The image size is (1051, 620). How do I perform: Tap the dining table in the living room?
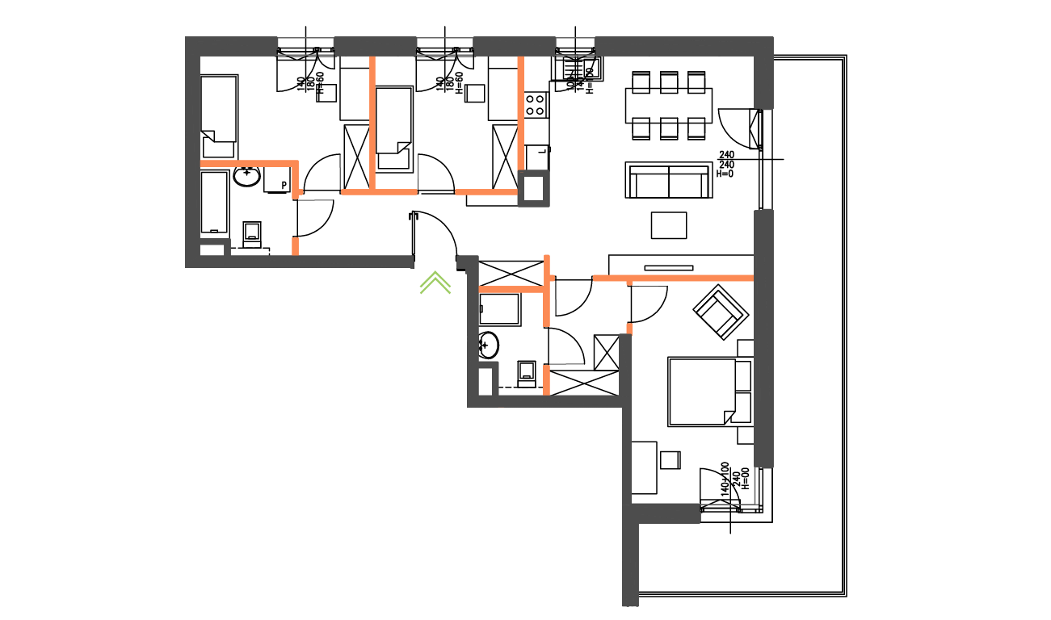tap(668, 105)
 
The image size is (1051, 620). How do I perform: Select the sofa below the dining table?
tap(668, 180)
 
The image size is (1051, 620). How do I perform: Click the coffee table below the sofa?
tap(669, 225)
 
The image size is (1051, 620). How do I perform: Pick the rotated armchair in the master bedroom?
tap(718, 311)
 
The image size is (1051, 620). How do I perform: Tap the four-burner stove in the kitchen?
tap(536, 104)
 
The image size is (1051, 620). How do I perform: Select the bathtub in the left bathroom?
tap(214, 201)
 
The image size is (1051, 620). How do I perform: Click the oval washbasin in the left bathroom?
tap(246, 175)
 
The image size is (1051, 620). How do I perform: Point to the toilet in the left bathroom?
tap(252, 233)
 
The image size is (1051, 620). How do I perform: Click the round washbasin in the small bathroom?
tap(488, 346)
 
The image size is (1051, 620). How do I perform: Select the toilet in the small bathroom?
tap(528, 371)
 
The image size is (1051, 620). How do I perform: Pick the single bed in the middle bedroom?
tap(394, 129)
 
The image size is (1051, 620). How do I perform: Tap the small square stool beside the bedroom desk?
tap(670, 459)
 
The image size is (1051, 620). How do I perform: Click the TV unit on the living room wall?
tap(668, 267)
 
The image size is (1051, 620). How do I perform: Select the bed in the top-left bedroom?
tap(219, 116)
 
